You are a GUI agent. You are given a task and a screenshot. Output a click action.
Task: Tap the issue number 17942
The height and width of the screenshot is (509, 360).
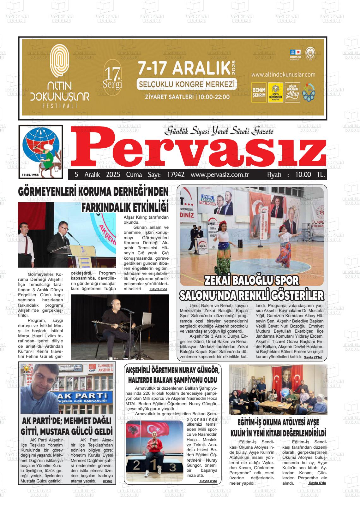(176, 175)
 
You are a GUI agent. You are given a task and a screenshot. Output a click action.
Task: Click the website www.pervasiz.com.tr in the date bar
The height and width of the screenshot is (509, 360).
(220, 175)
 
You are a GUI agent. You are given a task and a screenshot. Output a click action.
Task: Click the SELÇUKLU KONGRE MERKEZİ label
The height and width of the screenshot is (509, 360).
(186, 85)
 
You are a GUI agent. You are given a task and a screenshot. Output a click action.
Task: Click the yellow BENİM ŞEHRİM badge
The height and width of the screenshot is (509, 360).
(259, 92)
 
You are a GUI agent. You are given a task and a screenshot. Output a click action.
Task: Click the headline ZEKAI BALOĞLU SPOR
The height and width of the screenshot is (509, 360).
(252, 281)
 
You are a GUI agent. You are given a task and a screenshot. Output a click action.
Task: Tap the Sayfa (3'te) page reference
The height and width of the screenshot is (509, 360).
(313, 358)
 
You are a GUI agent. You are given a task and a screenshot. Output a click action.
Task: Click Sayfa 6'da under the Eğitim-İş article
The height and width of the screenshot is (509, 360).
(317, 483)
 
